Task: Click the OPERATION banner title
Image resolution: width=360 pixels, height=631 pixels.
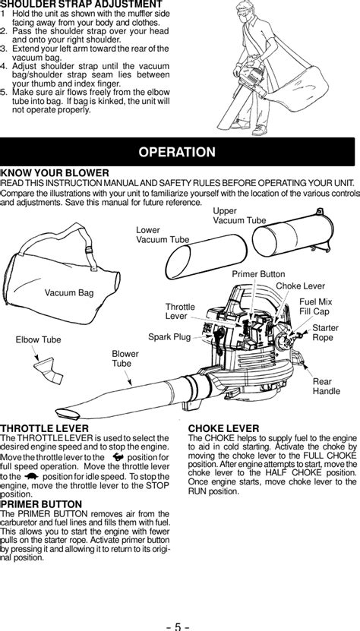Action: click(177, 152)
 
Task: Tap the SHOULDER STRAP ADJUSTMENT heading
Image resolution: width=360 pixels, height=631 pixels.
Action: click(81, 5)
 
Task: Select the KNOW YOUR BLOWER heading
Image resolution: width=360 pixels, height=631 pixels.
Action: click(55, 173)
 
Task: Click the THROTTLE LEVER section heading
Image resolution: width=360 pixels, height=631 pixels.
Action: click(45, 428)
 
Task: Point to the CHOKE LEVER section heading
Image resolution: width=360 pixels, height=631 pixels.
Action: click(223, 428)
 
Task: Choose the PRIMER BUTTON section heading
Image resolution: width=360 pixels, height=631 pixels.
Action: click(42, 504)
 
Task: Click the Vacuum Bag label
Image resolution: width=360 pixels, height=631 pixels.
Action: click(69, 293)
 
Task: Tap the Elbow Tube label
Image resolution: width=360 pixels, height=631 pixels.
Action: click(38, 339)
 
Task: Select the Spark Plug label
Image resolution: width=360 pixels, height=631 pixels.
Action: click(169, 337)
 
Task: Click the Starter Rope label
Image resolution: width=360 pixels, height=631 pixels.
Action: click(325, 333)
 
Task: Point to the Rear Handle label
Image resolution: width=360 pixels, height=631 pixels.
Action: click(326, 386)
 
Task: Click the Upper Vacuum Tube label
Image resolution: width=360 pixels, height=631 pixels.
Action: click(239, 216)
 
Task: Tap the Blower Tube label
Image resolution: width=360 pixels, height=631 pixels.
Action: click(125, 358)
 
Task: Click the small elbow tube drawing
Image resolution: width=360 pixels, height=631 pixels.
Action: click(49, 371)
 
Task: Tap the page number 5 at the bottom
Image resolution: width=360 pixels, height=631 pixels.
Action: click(178, 626)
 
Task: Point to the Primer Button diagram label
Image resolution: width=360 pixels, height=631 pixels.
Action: click(258, 274)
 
